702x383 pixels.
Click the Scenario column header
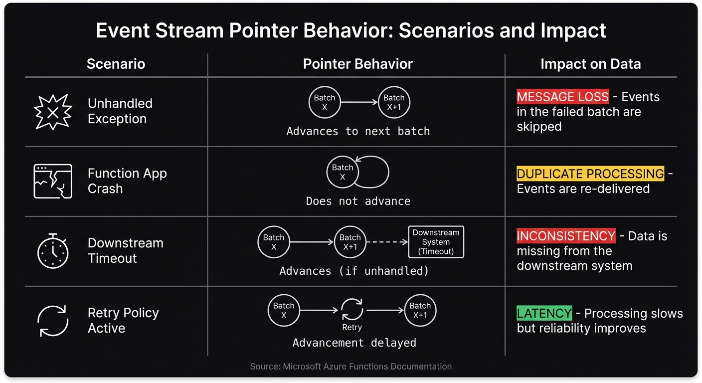pos(116,64)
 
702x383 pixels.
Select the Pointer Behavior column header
pos(357,64)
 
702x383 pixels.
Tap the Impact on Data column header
pos(590,64)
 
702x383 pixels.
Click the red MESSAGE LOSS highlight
pos(562,97)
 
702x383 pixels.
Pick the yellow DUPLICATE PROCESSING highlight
pos(590,174)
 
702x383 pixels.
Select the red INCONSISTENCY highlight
pos(566,236)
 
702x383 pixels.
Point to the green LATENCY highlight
pos(544,313)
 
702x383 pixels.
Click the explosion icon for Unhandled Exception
pos(53,112)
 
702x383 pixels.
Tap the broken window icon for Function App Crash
pos(53,181)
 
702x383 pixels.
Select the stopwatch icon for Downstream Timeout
pos(53,250)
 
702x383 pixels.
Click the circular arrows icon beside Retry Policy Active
pos(53,321)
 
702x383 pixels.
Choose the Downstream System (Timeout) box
pos(436,242)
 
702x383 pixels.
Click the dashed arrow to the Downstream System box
pos(387,242)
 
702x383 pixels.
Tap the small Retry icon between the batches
pos(352,310)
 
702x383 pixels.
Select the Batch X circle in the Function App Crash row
pos(343,172)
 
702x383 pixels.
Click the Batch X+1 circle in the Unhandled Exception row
pos(394,103)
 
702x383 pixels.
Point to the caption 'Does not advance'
pos(358,201)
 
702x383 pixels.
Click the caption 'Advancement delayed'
pos(354,343)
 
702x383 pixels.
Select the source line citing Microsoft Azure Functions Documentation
pos(351,367)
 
